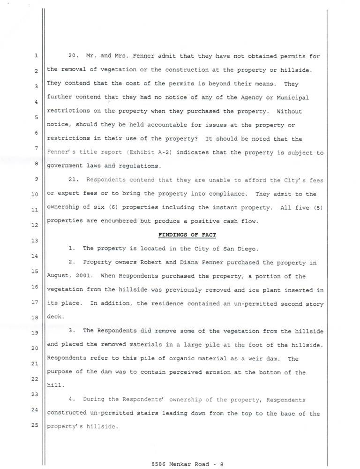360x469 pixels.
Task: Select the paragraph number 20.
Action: click(73, 56)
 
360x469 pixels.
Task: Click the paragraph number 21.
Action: click(73, 180)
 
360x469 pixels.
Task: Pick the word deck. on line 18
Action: click(54, 317)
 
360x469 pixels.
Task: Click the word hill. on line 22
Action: click(54, 386)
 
